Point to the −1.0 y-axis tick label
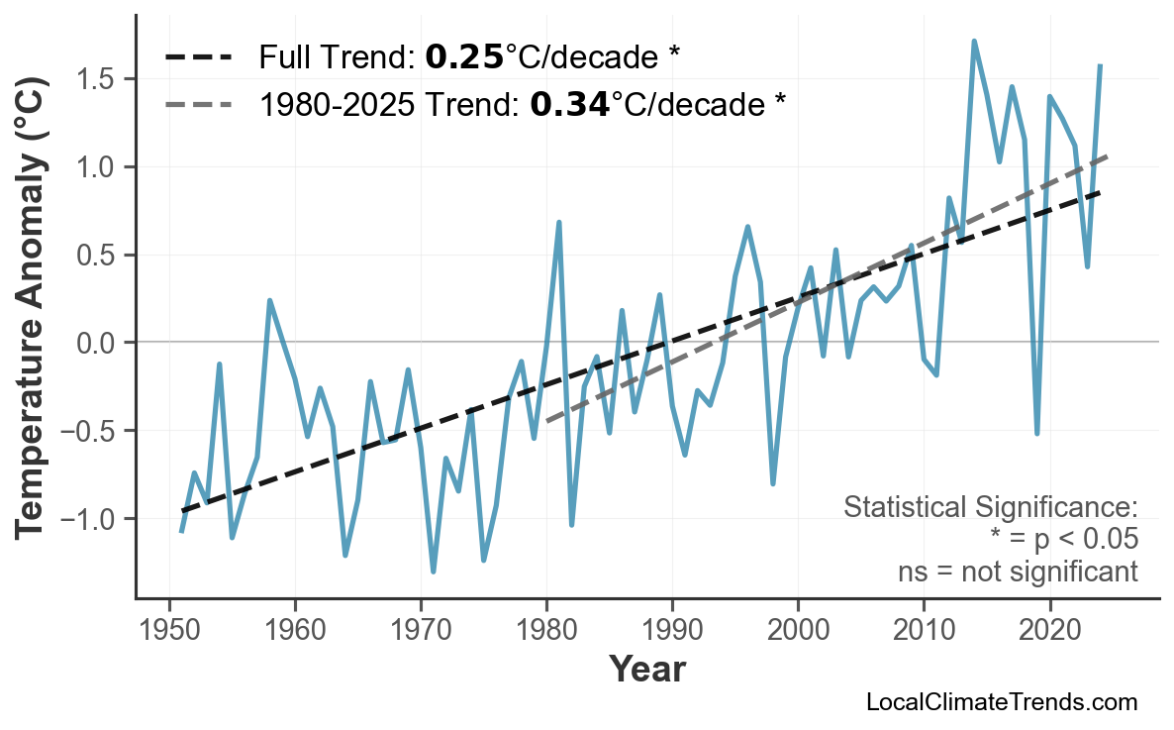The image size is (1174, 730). pyautogui.click(x=93, y=519)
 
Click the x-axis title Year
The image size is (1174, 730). pyautogui.click(x=646, y=671)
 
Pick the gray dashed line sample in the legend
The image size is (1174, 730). pyautogui.click(x=199, y=103)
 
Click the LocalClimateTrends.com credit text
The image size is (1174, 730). pyautogui.click(x=1001, y=702)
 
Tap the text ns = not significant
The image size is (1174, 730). pyautogui.click(x=1018, y=572)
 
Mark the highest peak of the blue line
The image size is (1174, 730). pyautogui.click(x=974, y=42)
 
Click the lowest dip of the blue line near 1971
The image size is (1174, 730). pyautogui.click(x=434, y=572)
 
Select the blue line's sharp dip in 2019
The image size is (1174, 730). pyautogui.click(x=1036, y=433)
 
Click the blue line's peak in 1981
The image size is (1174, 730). pyautogui.click(x=559, y=223)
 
